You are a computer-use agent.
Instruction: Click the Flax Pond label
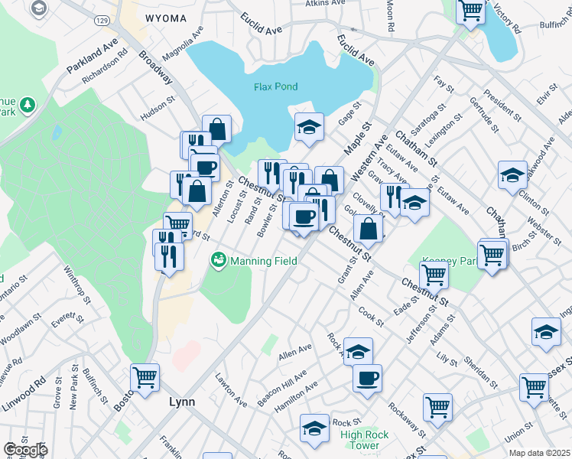275,86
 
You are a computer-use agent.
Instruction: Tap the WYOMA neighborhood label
164,18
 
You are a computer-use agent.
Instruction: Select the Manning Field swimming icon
219,261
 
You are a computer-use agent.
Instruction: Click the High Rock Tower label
360,441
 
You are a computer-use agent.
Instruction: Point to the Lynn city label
181,402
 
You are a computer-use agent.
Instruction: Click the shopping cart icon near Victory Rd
470,11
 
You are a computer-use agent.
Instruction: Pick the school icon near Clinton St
512,175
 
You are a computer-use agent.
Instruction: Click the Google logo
24,450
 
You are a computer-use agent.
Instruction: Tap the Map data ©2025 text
539,453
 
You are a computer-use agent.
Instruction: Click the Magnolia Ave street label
183,45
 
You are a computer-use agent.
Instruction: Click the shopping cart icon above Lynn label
145,376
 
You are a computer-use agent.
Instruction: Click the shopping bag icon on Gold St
369,228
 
